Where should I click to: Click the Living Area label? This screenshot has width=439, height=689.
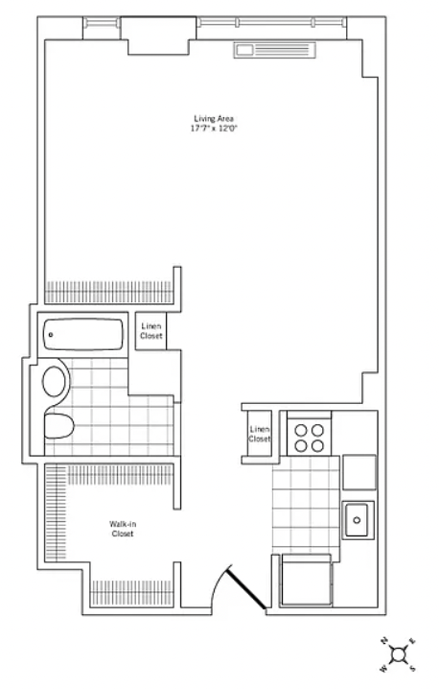[x=214, y=119]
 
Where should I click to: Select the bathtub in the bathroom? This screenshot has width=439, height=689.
[x=83, y=334]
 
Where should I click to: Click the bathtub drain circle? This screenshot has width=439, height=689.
[x=51, y=335]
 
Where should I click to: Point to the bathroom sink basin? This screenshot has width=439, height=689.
[x=54, y=381]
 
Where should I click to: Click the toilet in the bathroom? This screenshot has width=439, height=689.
[x=58, y=425]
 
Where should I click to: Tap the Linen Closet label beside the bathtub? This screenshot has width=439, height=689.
[x=151, y=331]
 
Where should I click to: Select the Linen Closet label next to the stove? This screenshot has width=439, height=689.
[x=260, y=434]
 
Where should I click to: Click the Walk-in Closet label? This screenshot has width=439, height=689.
[x=123, y=529]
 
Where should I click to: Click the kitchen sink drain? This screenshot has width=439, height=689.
[x=357, y=520]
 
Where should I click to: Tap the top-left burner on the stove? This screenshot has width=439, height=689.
[x=301, y=430]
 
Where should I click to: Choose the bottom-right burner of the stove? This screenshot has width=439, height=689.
[x=317, y=446]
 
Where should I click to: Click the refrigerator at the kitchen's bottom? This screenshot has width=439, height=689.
[x=307, y=580]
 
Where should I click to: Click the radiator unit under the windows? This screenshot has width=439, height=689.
[x=275, y=50]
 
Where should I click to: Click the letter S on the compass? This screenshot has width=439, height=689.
[x=412, y=669]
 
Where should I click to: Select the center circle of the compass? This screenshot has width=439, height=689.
[x=399, y=654]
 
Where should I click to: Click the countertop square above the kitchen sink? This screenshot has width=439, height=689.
[x=359, y=472]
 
